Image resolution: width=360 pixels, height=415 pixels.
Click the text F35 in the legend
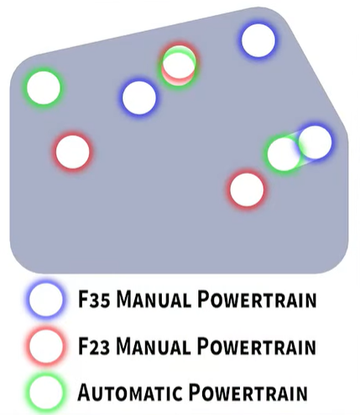pos(94,299)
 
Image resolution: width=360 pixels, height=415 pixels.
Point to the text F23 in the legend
pos(94,346)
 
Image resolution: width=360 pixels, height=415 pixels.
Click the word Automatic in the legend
pos(128,392)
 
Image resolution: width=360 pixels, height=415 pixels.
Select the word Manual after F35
pos(154,299)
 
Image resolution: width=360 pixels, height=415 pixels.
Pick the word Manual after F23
pos(154,346)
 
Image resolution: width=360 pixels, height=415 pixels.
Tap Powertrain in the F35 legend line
pos(257,299)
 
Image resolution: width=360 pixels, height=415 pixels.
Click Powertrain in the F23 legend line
pos(257,346)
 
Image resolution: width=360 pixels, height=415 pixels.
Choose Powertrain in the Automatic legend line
pos(248,392)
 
